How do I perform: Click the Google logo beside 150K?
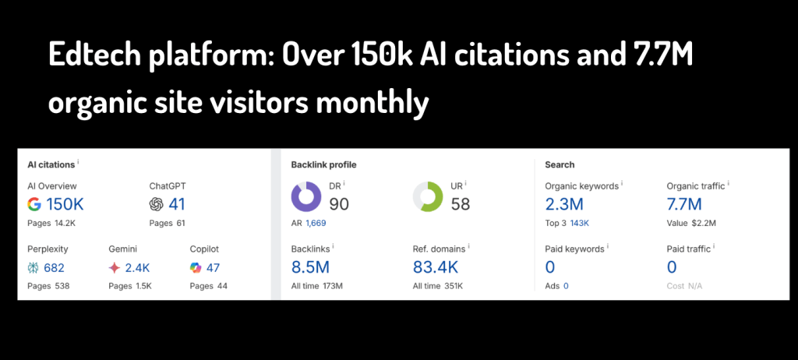coord(34,204)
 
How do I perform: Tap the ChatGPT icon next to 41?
coord(156,204)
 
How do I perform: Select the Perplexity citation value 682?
coord(55,267)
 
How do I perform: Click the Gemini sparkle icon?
coord(115,267)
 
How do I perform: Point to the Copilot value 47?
coord(213,267)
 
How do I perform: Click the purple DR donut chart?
coord(306,197)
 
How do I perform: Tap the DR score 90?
coord(338,204)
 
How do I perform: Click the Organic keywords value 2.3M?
coord(564,204)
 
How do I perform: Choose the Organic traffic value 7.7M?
coord(684,204)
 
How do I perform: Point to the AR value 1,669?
coord(316,223)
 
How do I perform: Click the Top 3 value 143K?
coord(579,223)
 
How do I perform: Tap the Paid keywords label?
coord(574,249)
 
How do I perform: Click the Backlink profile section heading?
coord(323,164)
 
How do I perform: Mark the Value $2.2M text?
coord(690,223)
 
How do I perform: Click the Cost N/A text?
coord(684,286)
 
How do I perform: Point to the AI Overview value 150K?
coord(65,204)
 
